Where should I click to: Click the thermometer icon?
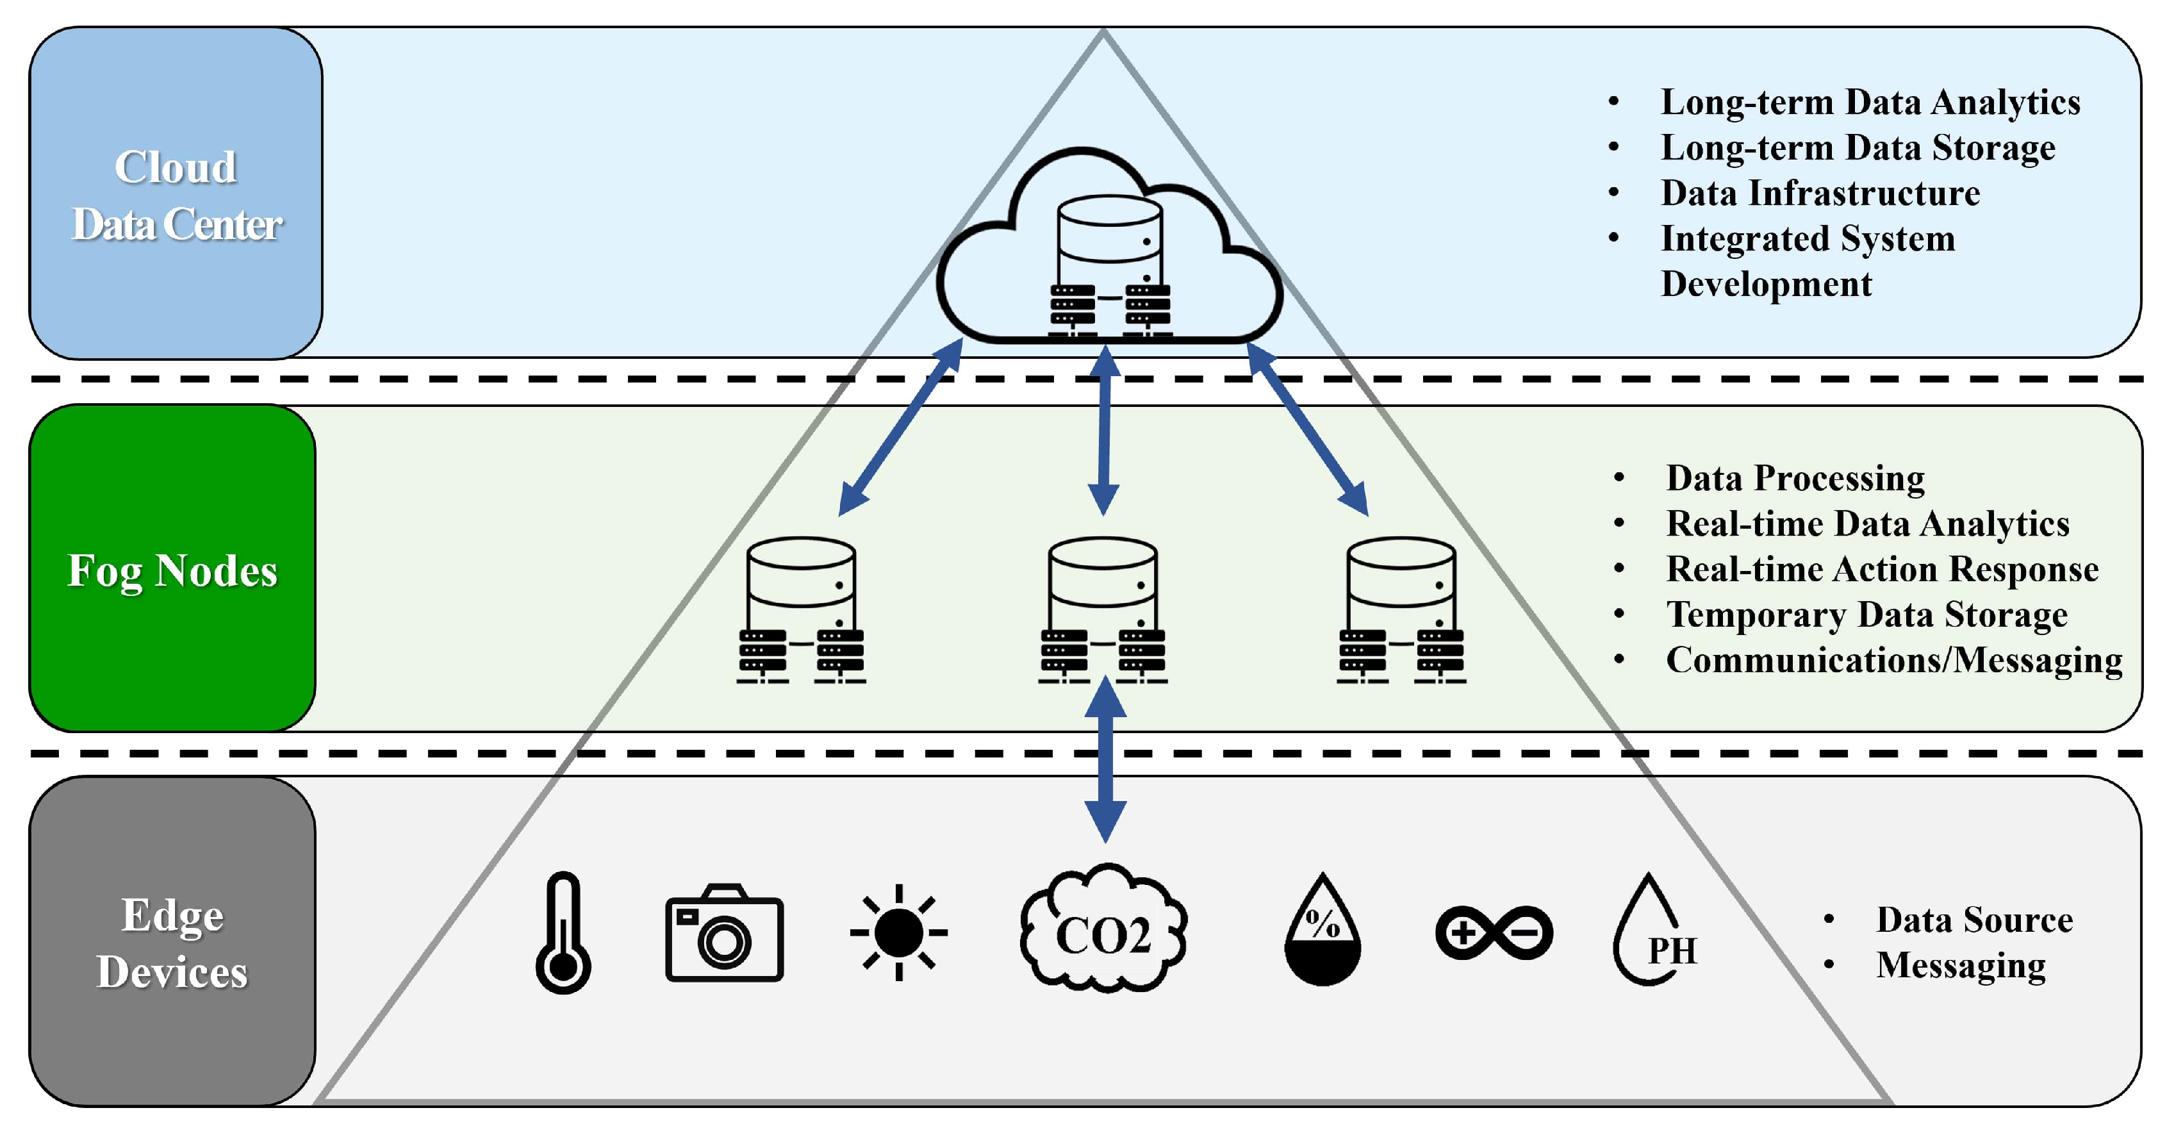point(563,932)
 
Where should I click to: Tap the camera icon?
point(724,934)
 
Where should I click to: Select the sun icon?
point(898,932)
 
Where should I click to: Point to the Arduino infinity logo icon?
point(1493,932)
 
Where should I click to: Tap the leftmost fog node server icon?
point(801,610)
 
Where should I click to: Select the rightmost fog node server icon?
point(1401,610)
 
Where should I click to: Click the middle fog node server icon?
point(1103,610)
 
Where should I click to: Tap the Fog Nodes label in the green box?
point(172,570)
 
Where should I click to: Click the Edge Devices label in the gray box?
point(172,943)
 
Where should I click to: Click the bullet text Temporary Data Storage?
point(1866,615)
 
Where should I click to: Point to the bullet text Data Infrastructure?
point(1820,194)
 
